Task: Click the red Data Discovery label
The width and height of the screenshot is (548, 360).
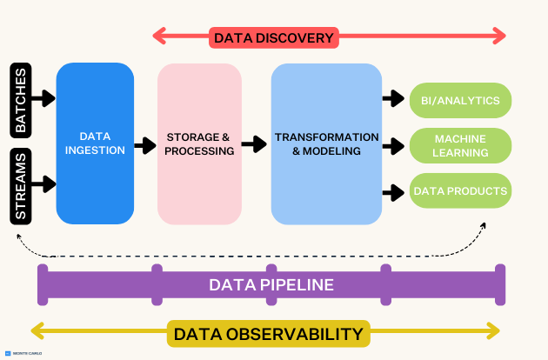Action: (x=274, y=37)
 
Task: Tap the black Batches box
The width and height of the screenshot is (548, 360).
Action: (x=21, y=100)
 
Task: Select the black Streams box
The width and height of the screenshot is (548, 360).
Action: (x=21, y=186)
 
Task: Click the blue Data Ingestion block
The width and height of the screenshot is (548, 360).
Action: (x=95, y=143)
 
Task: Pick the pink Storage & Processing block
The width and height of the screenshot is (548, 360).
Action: (x=199, y=143)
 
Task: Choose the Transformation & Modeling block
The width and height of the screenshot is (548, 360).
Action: (x=326, y=143)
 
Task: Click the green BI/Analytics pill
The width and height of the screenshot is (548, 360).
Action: (x=460, y=100)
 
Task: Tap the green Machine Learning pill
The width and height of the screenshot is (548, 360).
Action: (x=460, y=146)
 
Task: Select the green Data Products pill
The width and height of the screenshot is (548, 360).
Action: (x=460, y=190)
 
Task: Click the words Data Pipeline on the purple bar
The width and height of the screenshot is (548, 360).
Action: (x=271, y=285)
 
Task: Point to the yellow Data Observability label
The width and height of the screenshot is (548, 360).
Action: (x=269, y=334)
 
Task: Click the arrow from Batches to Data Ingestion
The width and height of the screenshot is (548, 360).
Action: (x=43, y=98)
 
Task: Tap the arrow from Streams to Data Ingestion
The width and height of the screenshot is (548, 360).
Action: (x=43, y=183)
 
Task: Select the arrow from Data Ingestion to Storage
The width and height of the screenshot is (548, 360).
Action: (x=145, y=145)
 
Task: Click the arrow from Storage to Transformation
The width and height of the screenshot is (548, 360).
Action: (x=254, y=144)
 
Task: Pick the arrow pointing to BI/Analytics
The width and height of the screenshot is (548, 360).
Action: (x=393, y=98)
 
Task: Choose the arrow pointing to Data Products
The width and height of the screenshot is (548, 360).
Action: (x=393, y=193)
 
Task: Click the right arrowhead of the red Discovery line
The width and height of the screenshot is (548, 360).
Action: (x=500, y=36)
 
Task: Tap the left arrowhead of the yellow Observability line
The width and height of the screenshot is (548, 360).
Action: (x=37, y=330)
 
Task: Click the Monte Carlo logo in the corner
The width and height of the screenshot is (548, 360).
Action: (x=23, y=353)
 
